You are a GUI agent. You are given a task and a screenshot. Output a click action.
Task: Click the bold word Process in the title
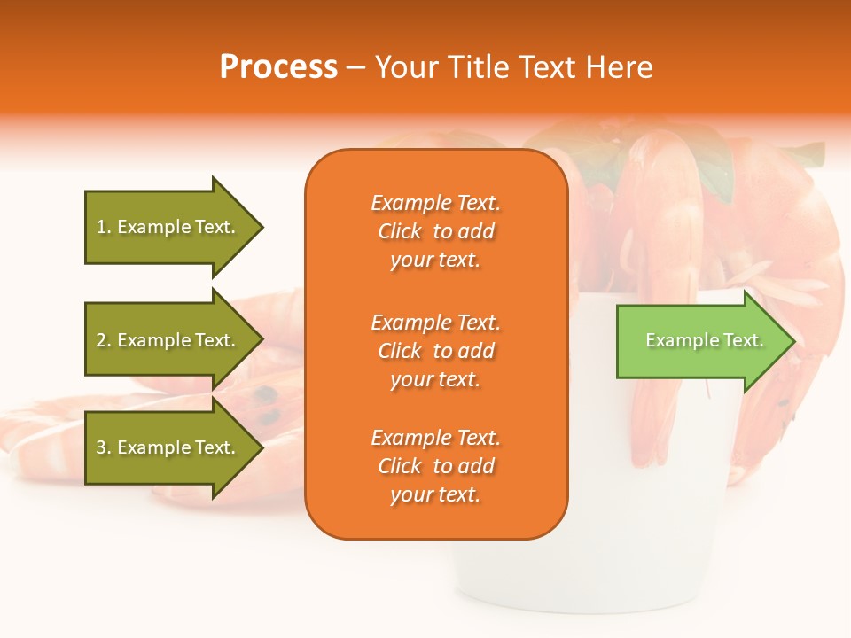(278, 67)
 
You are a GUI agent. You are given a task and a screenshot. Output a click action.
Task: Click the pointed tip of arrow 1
(261, 227)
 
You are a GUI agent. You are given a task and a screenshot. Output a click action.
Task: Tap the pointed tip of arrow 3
(261, 447)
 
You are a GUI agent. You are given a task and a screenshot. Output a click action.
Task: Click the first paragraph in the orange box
(435, 231)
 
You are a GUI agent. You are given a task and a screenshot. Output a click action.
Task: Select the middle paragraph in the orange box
(435, 351)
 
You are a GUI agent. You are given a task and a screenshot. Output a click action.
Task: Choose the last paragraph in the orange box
(435, 466)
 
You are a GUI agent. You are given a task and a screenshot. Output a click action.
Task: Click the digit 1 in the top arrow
(101, 227)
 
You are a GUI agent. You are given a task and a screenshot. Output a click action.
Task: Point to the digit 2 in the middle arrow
(101, 340)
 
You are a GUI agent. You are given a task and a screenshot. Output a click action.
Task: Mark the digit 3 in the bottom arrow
(101, 447)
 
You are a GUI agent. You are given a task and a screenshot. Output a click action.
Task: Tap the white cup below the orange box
(532, 576)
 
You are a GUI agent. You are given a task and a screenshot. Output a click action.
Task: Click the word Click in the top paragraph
(400, 231)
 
